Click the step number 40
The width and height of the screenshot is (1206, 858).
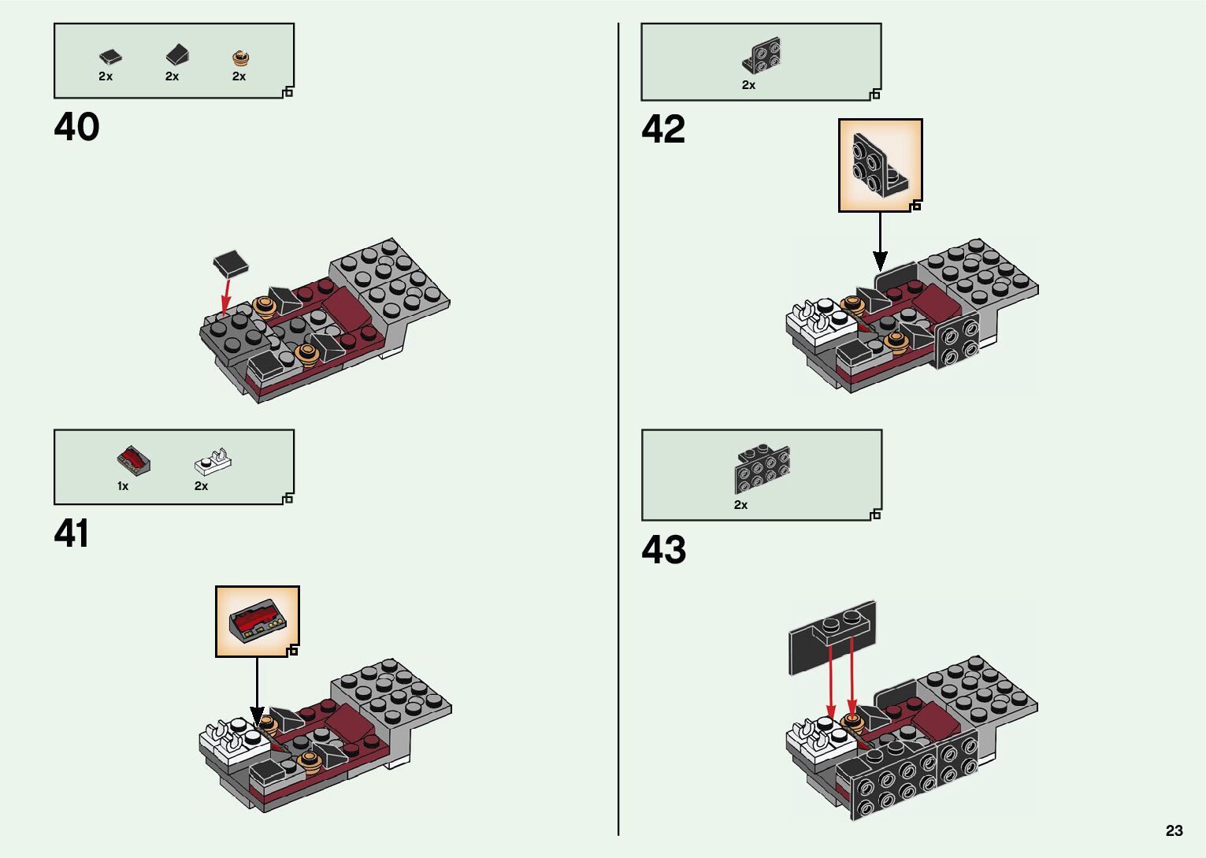tap(76, 127)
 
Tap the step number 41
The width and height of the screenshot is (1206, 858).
tap(72, 533)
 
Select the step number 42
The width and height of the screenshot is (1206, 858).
tap(663, 129)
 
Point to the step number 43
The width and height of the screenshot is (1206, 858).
tap(663, 550)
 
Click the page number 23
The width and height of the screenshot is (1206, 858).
tap(1174, 830)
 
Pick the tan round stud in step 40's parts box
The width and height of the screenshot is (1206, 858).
tap(240, 57)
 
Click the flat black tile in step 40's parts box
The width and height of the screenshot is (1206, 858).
tap(109, 56)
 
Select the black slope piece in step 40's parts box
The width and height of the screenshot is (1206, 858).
tap(176, 54)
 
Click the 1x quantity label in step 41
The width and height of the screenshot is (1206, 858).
tap(123, 486)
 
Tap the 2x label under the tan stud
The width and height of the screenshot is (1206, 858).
tap(239, 76)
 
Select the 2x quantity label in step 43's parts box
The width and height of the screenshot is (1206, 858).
tap(740, 504)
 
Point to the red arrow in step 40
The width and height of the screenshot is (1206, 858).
tap(225, 296)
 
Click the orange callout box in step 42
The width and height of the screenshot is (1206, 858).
tap(880, 165)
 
